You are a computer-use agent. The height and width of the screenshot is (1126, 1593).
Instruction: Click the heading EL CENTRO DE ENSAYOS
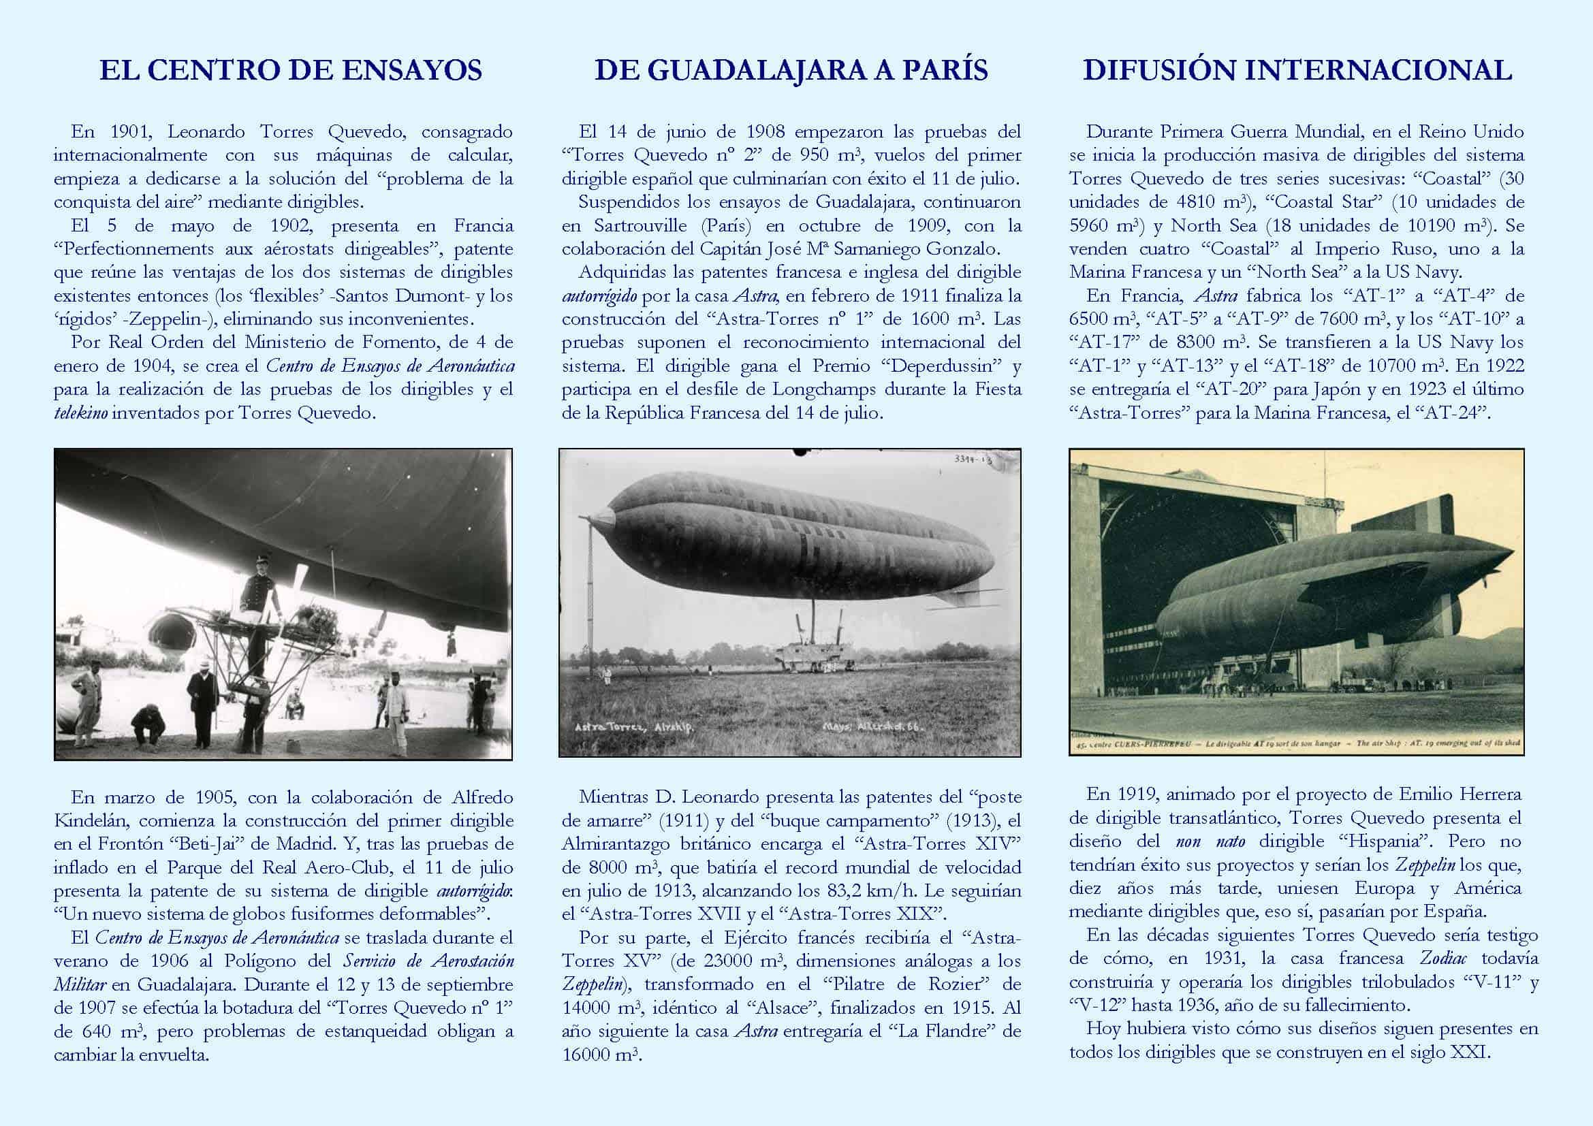pos(290,71)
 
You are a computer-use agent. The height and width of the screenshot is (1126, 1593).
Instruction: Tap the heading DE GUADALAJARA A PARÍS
pos(791,71)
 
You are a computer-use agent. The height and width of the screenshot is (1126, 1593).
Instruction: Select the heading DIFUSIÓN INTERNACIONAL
pos(1297,71)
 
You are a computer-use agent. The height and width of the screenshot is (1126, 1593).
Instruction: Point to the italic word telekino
pos(80,413)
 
